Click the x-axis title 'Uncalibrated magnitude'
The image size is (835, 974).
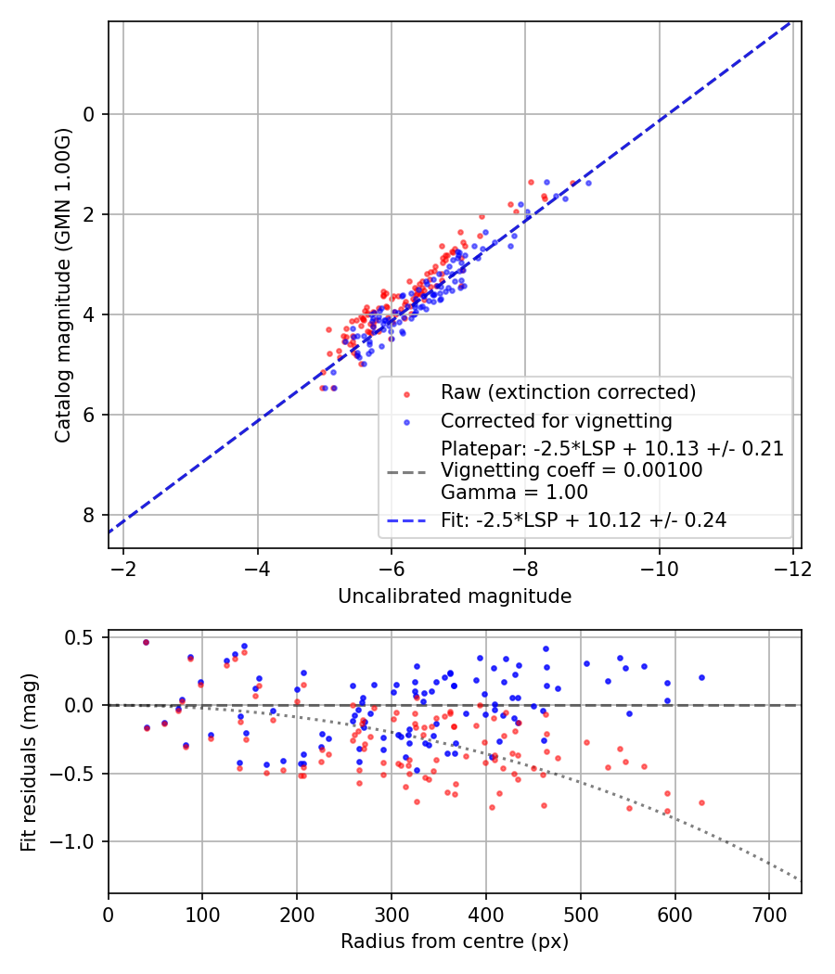click(x=455, y=596)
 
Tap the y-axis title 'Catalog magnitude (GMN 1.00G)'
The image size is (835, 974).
click(x=63, y=286)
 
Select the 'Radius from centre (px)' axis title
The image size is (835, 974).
click(x=455, y=942)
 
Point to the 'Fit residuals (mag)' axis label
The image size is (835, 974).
click(x=29, y=763)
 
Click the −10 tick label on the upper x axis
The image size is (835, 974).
click(x=659, y=569)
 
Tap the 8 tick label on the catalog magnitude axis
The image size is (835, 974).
click(x=88, y=516)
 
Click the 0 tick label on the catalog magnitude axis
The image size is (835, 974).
click(x=88, y=115)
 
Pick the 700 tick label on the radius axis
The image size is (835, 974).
click(x=769, y=916)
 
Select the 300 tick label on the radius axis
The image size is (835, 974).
click(x=392, y=916)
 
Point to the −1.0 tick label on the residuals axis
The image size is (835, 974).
click(x=72, y=841)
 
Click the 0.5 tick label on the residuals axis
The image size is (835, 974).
click(x=80, y=638)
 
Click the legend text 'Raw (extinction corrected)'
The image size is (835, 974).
click(x=569, y=392)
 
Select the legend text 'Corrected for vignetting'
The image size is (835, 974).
click(x=557, y=421)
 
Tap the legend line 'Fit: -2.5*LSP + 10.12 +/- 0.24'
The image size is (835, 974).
click(x=406, y=520)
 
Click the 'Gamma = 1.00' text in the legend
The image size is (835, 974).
click(x=514, y=493)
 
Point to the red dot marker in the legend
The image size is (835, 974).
click(x=406, y=394)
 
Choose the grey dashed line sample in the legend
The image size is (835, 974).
click(x=406, y=473)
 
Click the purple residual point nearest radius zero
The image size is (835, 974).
click(x=146, y=642)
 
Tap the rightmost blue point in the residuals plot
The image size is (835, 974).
click(x=701, y=678)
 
